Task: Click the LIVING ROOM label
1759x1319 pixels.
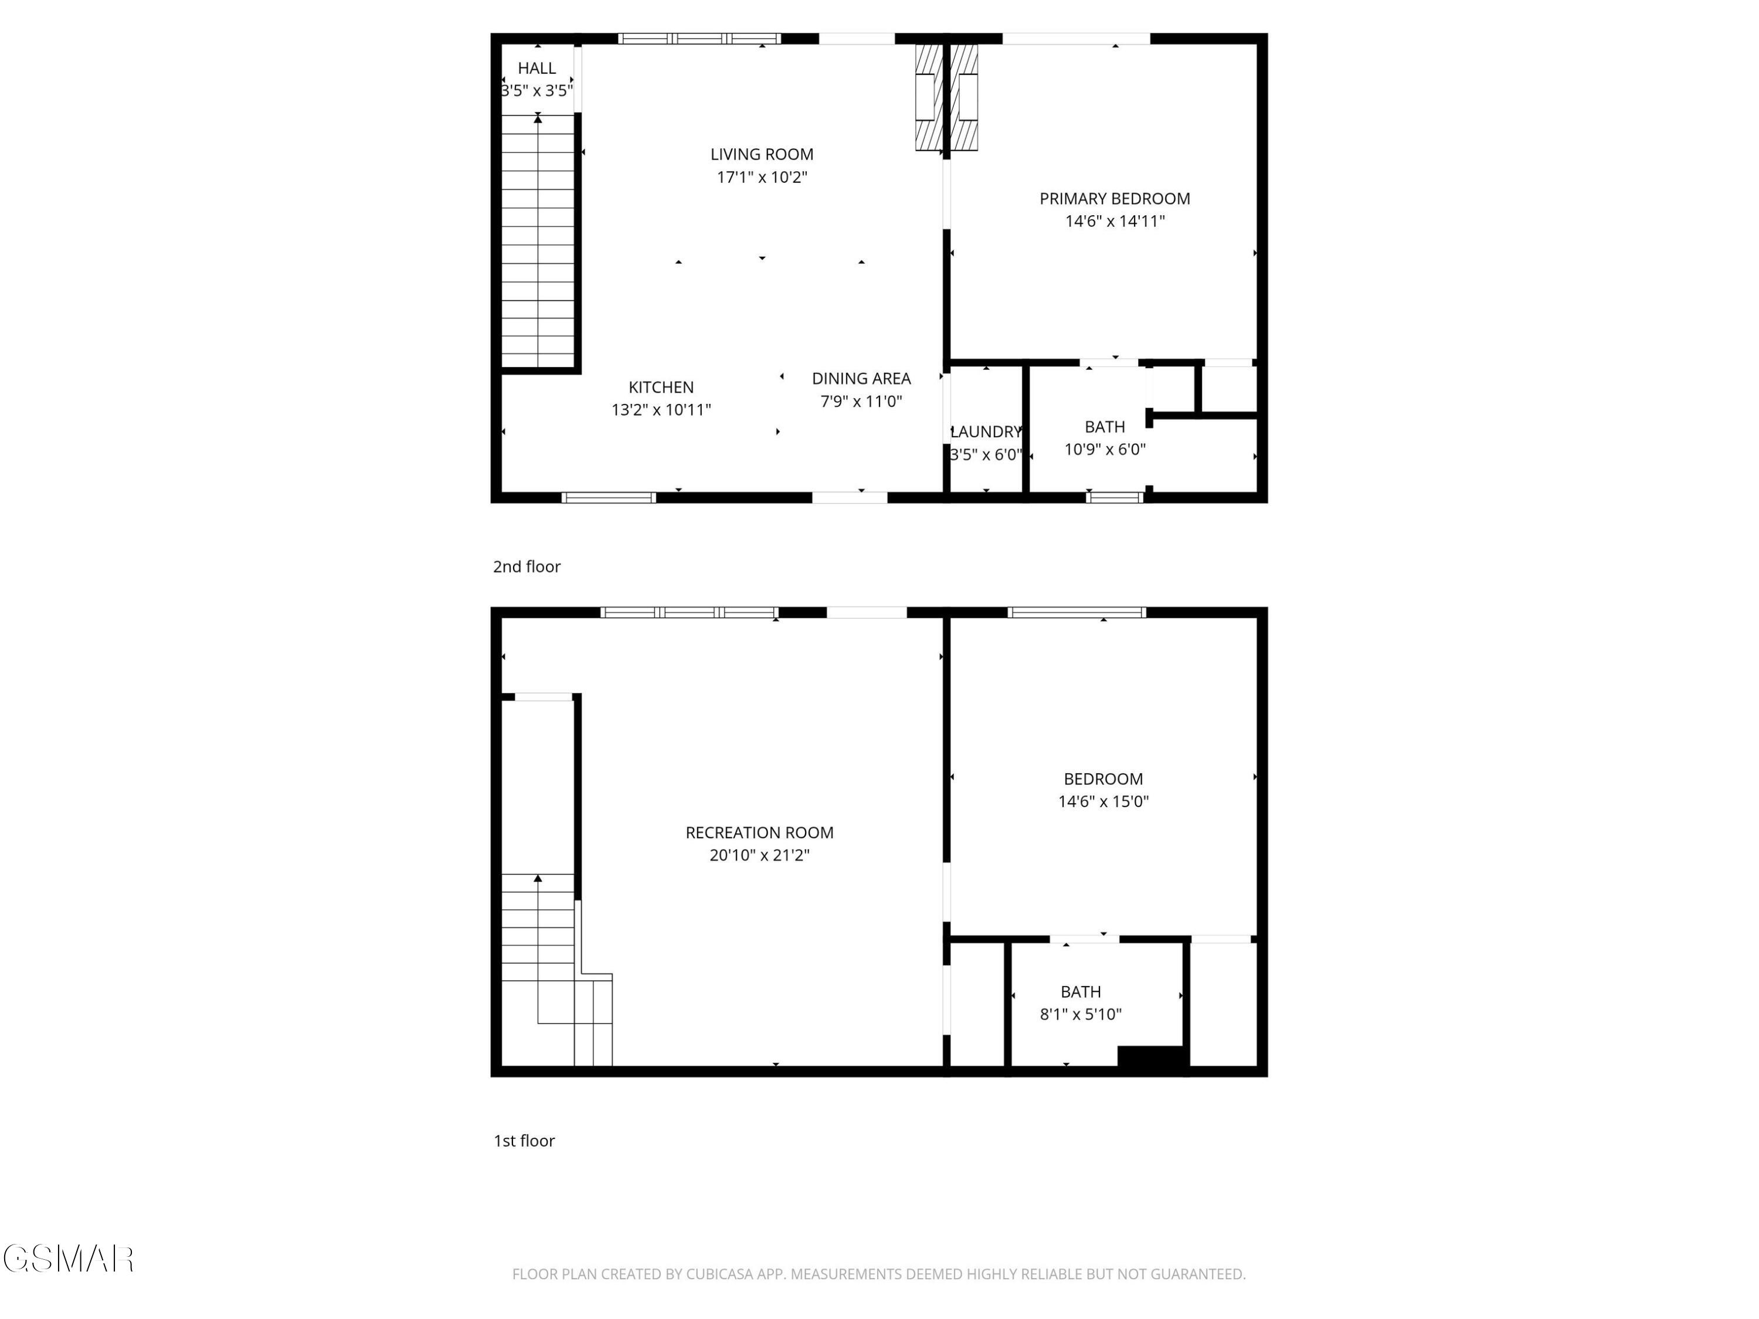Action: pos(762,154)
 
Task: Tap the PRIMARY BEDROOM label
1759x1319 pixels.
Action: pos(1115,199)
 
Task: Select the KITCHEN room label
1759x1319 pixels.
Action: pos(661,387)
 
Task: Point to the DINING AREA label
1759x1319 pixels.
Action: pos(861,379)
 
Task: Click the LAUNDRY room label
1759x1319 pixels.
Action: pos(986,431)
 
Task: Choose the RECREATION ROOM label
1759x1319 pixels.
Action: pos(759,832)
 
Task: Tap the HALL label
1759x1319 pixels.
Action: pos(536,69)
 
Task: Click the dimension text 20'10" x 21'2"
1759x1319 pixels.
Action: pos(759,855)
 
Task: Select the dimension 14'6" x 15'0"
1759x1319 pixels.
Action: pos(1103,801)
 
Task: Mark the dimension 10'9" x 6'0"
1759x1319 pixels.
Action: pos(1105,449)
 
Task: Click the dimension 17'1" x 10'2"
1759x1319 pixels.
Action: pos(762,176)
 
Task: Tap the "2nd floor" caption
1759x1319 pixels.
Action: pos(527,567)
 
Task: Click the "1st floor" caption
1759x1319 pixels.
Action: pos(524,1141)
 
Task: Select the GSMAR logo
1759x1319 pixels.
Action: pos(69,1259)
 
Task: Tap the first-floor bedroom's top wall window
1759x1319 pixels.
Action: pos(1077,612)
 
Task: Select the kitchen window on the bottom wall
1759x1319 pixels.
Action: pos(609,498)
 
